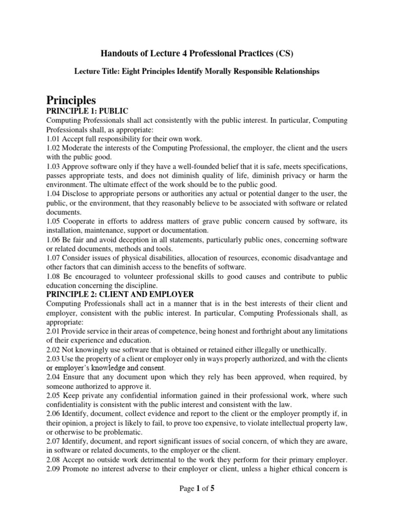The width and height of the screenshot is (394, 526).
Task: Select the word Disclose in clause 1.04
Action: (x=77, y=194)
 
